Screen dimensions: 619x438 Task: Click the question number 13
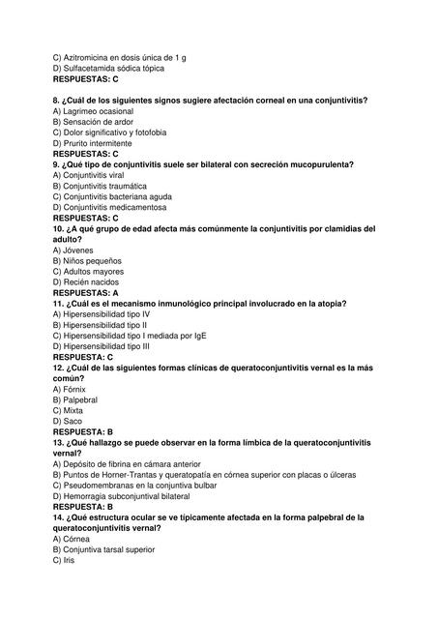(59, 442)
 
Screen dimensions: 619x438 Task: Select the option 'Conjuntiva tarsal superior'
(106, 549)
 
